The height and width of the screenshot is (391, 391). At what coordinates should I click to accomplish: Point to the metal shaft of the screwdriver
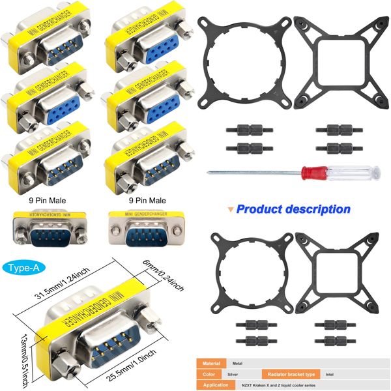[x=251, y=173]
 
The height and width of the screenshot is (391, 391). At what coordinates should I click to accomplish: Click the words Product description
[x=293, y=209]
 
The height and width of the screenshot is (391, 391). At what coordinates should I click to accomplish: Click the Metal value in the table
[x=238, y=363]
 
